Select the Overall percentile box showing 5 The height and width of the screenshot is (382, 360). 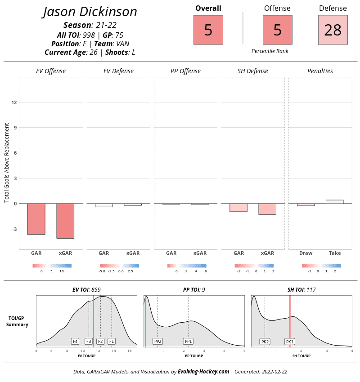pos(208,30)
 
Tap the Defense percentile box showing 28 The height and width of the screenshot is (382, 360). pos(333,30)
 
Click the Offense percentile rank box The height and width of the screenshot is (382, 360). pos(277,30)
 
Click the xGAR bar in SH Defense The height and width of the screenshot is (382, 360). pos(267,209)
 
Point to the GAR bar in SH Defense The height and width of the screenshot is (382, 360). pos(238,208)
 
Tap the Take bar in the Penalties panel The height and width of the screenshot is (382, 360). pos(334,202)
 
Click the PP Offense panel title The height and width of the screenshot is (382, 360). pos(185,71)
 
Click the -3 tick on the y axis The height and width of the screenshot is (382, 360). pos(13,229)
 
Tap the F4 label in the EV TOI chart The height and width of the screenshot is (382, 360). pos(75,341)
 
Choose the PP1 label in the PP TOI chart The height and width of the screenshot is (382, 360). pos(188,341)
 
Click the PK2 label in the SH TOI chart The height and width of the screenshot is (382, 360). pos(265,342)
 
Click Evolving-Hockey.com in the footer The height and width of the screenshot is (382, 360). pos(203,372)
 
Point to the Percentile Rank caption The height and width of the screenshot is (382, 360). pos(270,51)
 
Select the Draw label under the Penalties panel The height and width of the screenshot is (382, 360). pos(306,253)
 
